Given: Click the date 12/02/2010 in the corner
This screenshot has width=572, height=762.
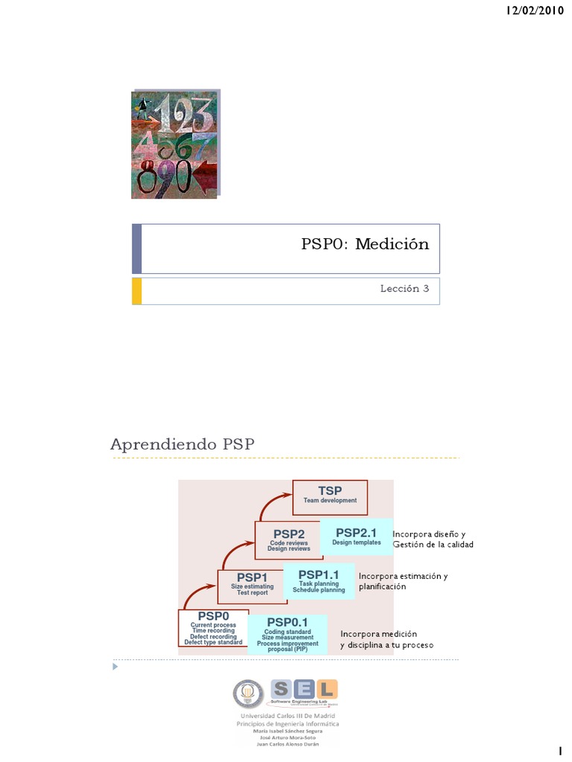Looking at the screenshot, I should click(x=534, y=10).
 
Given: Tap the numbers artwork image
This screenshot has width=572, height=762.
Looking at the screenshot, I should click(x=174, y=145).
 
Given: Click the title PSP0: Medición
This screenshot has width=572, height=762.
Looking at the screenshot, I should click(x=365, y=244).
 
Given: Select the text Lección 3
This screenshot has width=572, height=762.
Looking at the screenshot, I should click(x=405, y=289).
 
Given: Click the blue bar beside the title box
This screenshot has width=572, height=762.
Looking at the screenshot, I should click(x=136, y=249).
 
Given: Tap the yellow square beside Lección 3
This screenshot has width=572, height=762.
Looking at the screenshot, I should click(x=136, y=291).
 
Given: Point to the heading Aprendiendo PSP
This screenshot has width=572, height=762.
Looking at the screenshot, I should click(x=182, y=444).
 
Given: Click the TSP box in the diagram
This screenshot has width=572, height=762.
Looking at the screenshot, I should click(x=330, y=496).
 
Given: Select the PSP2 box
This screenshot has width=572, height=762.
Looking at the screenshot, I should click(x=288, y=540).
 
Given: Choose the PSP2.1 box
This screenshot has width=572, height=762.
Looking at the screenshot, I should click(x=356, y=537).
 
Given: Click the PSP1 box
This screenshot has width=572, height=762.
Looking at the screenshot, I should click(x=252, y=582).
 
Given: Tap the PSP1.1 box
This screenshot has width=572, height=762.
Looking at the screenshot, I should click(x=318, y=580).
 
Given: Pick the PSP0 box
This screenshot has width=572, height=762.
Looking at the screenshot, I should click(x=213, y=627).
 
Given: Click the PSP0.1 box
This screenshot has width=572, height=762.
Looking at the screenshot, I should click(x=287, y=633).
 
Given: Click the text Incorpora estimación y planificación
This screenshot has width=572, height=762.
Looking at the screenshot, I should click(x=402, y=581).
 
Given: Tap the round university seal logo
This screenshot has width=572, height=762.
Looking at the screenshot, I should click(x=248, y=694).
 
